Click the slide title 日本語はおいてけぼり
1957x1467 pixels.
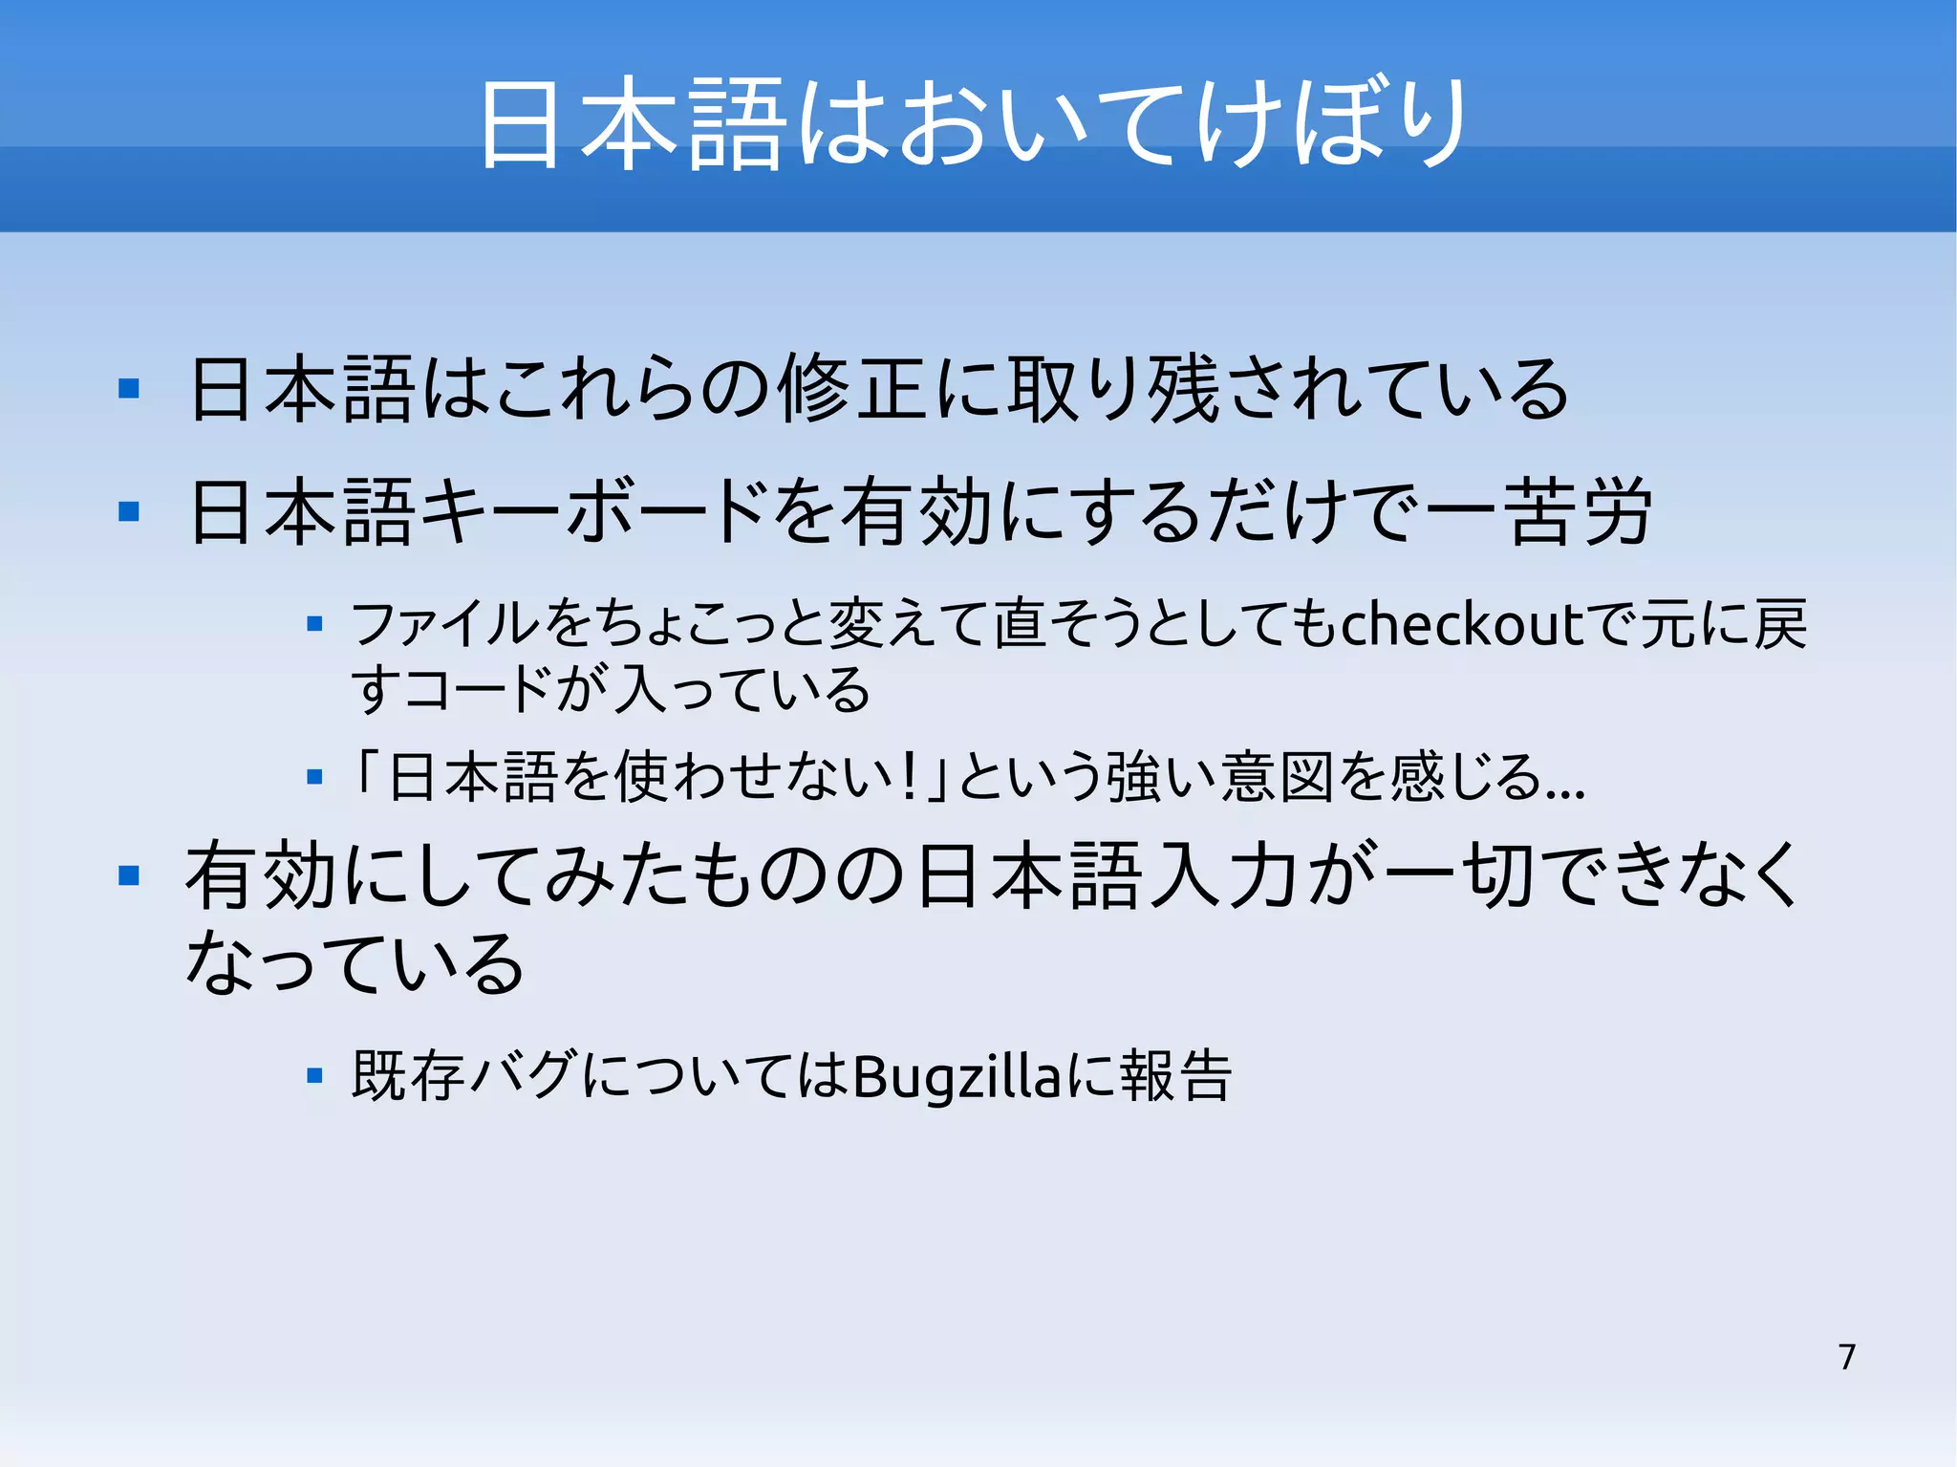[973, 124]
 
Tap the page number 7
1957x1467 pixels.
[1846, 1357]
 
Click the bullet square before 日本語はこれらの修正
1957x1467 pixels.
[129, 389]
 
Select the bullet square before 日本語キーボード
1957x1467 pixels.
[129, 512]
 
